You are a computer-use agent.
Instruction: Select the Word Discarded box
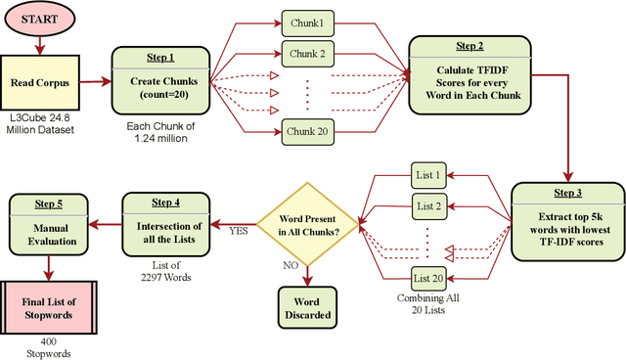click(307, 308)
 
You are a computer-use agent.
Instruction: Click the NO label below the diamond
click(290, 264)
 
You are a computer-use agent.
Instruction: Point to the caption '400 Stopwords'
click(44, 348)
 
